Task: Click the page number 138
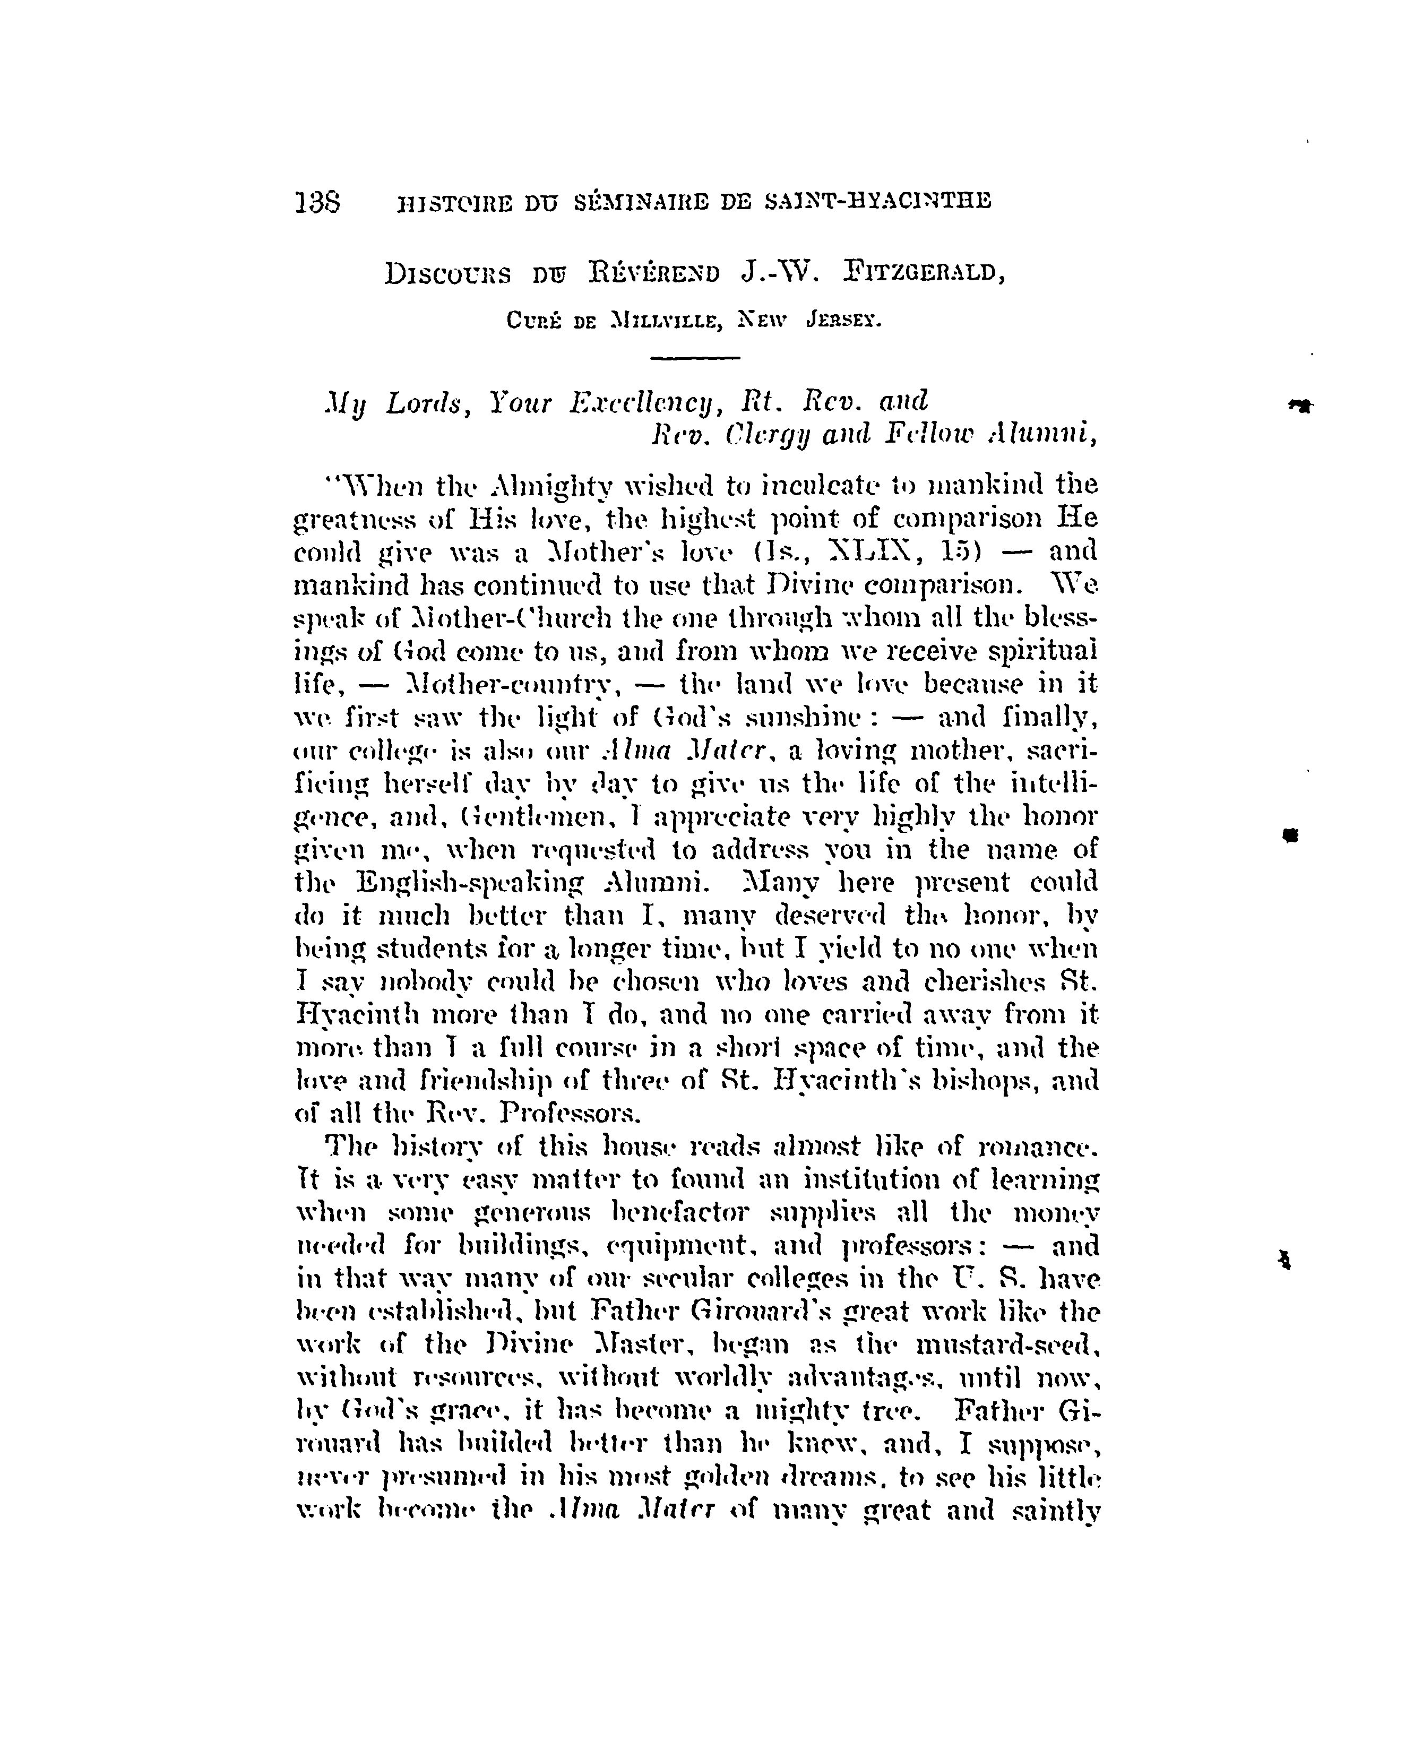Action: [x=317, y=201]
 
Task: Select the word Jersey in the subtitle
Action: [x=843, y=321]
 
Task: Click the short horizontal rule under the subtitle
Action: [x=696, y=358]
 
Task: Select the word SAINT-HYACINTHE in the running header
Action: [x=879, y=201]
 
